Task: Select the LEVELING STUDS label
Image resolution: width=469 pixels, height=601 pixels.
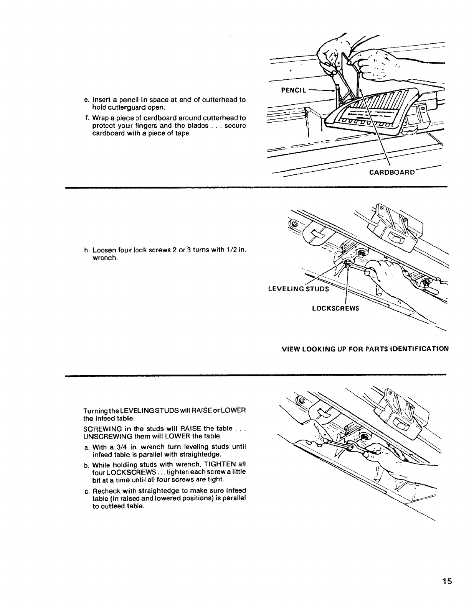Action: [x=298, y=289]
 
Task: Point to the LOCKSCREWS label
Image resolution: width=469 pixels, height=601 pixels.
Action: [x=335, y=308]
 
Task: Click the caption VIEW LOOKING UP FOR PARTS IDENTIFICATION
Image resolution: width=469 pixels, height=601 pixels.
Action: [x=365, y=349]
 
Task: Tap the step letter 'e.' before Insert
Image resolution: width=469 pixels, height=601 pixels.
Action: [x=86, y=100]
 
